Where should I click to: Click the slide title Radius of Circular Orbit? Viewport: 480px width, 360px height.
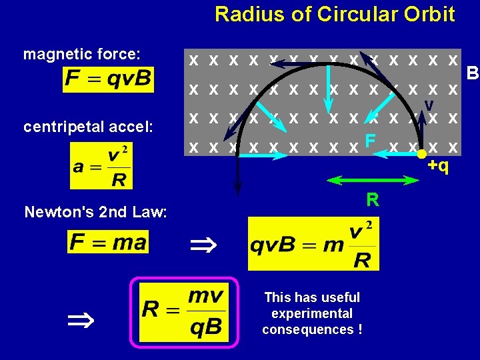click(x=335, y=14)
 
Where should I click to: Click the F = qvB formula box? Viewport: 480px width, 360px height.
click(x=109, y=80)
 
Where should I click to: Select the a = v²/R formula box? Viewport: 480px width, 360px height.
click(x=101, y=166)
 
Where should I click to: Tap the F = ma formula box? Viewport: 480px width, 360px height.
click(x=108, y=241)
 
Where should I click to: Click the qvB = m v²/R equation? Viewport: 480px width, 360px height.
click(x=313, y=243)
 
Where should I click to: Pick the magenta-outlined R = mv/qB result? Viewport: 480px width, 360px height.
click(x=183, y=311)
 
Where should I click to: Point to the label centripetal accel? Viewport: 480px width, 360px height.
click(x=89, y=126)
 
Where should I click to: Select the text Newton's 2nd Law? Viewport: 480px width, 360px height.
click(x=95, y=212)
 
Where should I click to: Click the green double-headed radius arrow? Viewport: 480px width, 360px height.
click(x=373, y=181)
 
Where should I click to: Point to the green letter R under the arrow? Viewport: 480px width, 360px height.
click(x=373, y=199)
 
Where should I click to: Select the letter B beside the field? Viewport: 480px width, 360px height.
click(x=473, y=72)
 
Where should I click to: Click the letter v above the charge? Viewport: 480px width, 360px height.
click(x=429, y=105)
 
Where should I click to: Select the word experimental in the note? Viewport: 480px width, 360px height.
click(x=312, y=313)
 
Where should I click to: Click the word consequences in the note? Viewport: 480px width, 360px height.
click(x=307, y=329)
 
